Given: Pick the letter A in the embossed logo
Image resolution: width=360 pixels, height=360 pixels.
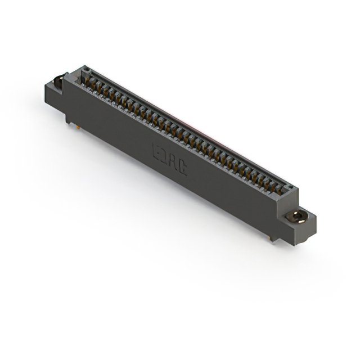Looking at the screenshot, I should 174,161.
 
